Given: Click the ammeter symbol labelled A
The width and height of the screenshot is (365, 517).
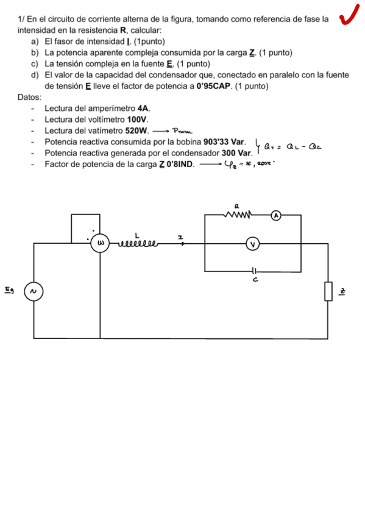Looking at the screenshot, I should point(276,215).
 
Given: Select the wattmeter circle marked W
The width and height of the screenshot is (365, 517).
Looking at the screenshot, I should point(101,243).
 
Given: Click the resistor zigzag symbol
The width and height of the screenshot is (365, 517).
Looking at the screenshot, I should point(239,215).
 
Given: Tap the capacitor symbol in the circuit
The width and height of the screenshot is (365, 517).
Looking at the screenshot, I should point(254,271).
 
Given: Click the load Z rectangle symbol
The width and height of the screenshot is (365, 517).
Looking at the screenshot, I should point(328,291).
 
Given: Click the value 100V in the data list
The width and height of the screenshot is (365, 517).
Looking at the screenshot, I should point(138,119).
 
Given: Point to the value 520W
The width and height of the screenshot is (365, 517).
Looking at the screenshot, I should point(136,130).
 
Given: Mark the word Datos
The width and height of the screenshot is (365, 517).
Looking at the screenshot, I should point(30,98).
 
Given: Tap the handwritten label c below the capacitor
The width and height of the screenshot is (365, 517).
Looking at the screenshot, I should point(257,280).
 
